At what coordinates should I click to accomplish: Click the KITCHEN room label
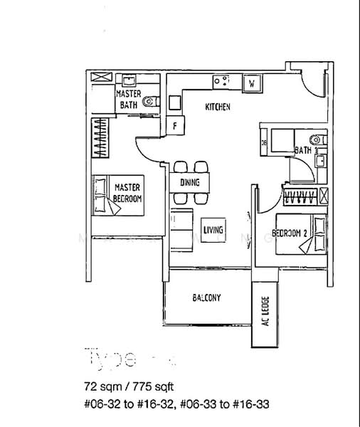click(218, 107)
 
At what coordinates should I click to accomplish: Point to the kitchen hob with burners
click(221, 82)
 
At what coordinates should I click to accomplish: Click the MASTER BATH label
click(129, 100)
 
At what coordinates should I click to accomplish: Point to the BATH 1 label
click(304, 150)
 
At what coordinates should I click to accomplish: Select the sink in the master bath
click(129, 79)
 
